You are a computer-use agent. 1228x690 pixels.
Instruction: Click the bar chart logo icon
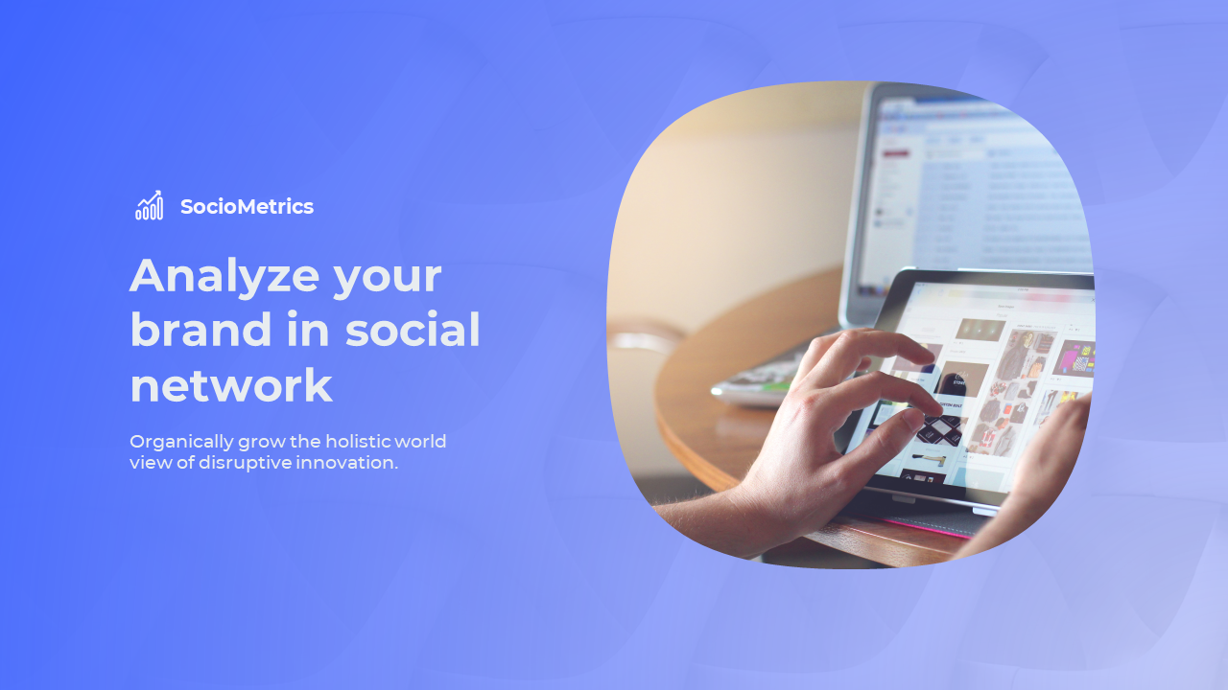[x=149, y=205]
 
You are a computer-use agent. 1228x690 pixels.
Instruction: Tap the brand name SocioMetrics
[x=247, y=206]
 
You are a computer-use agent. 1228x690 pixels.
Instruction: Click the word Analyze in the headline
[x=224, y=277]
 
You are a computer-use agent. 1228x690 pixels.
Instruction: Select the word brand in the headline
[x=201, y=329]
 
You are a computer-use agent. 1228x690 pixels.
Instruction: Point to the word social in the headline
[x=413, y=329]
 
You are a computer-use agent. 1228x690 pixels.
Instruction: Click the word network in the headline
[x=231, y=385]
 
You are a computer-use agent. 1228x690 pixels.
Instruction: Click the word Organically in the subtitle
[x=181, y=443]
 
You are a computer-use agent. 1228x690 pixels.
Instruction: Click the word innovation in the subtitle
[x=346, y=463]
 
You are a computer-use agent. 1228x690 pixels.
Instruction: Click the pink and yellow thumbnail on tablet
[x=1074, y=357]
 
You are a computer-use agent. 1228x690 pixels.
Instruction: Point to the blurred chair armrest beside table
[x=646, y=339]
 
